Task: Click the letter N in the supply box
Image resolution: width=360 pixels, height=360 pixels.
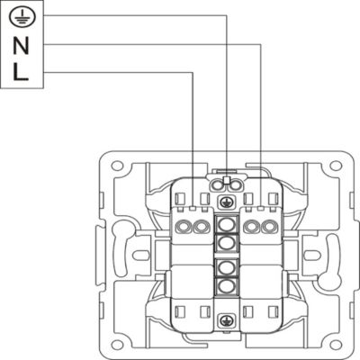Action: click(21, 46)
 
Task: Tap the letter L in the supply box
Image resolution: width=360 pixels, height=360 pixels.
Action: click(21, 72)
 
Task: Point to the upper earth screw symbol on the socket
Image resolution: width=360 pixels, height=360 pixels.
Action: click(224, 202)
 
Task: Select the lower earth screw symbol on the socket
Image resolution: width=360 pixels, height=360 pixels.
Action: click(224, 320)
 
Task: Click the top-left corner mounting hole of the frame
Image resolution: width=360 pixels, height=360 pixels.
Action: click(117, 166)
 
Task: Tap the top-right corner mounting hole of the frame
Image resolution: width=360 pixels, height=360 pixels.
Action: click(335, 166)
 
